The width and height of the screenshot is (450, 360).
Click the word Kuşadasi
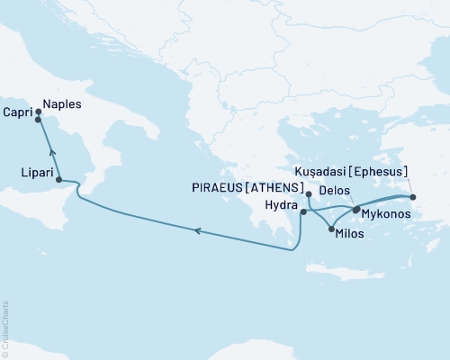(328, 171)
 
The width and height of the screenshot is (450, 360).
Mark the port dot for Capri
(38, 120)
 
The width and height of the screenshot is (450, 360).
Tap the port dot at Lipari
(59, 180)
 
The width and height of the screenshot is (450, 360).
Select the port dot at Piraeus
(309, 194)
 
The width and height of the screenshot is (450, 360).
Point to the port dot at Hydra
(303, 212)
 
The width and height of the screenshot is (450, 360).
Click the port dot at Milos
(331, 229)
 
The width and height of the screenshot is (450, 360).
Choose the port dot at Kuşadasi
(413, 197)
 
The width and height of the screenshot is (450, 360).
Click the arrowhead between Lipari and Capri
(50, 152)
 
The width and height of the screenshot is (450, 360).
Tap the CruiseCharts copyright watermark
(5, 328)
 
